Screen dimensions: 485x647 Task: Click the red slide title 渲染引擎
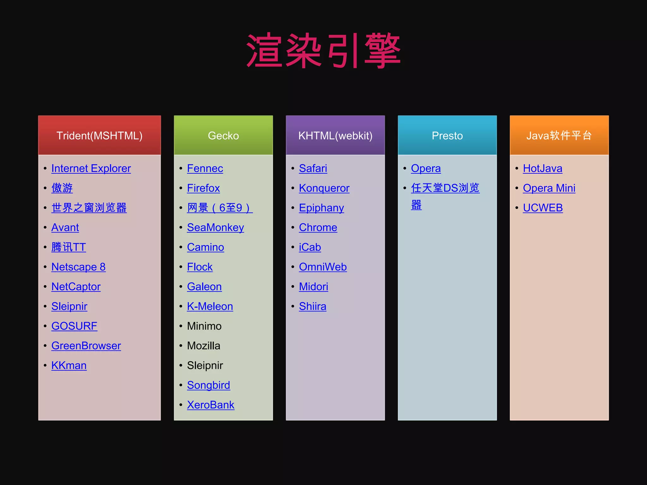pyautogui.click(x=323, y=51)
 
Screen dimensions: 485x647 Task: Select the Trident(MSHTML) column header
pyautogui.click(x=100, y=135)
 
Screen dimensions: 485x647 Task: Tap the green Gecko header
pyautogui.click(x=223, y=135)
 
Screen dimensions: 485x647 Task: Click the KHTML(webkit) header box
pyautogui.click(x=335, y=135)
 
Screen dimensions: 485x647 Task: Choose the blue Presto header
pyautogui.click(x=447, y=135)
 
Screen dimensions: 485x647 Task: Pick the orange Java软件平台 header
pyautogui.click(x=559, y=135)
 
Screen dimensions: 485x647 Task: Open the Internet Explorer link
pyautogui.click(x=91, y=168)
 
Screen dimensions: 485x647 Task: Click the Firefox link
pyautogui.click(x=203, y=188)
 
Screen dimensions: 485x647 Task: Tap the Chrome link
pyautogui.click(x=318, y=227)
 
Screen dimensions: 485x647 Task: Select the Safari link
pyautogui.click(x=313, y=168)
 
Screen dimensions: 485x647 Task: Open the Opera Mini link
pyautogui.click(x=549, y=188)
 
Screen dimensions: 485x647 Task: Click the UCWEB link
pyautogui.click(x=543, y=208)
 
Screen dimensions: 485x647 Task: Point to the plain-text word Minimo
pyautogui.click(x=204, y=326)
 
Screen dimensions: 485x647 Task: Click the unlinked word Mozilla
pyautogui.click(x=203, y=346)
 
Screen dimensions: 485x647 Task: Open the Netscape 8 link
pyautogui.click(x=78, y=267)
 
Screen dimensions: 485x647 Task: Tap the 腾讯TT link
pyautogui.click(x=69, y=247)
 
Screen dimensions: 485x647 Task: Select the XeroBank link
pyautogui.click(x=210, y=405)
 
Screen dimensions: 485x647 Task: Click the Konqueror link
pyautogui.click(x=324, y=188)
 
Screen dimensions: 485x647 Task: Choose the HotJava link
pyautogui.click(x=542, y=168)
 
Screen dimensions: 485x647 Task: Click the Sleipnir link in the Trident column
pyautogui.click(x=69, y=306)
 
